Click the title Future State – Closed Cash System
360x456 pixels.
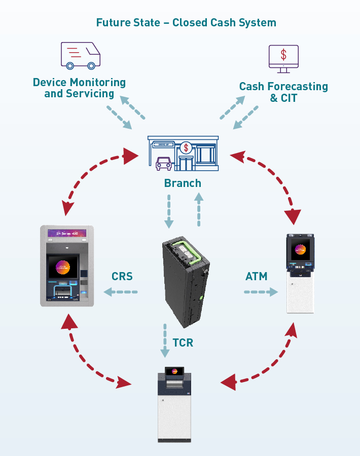tap(186, 23)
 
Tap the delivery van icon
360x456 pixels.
tap(80, 55)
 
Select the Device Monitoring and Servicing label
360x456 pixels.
tap(79, 88)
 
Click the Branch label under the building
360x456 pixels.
tap(183, 183)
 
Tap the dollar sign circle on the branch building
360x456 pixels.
tap(187, 148)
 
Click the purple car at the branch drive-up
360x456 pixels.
tap(163, 164)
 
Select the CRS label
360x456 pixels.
tap(122, 277)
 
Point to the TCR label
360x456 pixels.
tap(183, 343)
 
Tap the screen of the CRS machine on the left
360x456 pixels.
tap(63, 267)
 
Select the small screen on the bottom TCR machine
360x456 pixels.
tap(174, 371)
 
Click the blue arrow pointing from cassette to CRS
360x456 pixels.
tap(120, 292)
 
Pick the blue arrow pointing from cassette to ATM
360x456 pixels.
tap(261, 292)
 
